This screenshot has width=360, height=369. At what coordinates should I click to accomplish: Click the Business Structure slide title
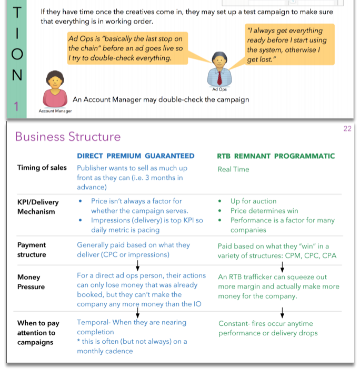(67, 137)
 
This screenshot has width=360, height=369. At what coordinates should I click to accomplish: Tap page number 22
(347, 129)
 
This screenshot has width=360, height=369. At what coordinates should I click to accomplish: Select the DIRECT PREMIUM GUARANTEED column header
(135, 156)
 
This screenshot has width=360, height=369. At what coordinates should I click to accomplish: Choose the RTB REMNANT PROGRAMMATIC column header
(276, 156)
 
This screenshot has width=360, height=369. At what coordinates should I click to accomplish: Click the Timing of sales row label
(42, 168)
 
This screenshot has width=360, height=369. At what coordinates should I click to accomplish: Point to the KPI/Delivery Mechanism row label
(38, 207)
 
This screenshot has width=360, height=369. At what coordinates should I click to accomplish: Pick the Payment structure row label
(32, 250)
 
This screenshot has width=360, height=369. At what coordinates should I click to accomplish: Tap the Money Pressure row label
(31, 282)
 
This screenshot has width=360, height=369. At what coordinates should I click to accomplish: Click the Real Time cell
(233, 169)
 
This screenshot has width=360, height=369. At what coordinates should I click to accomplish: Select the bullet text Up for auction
(253, 201)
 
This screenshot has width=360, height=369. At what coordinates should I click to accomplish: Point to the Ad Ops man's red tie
(219, 77)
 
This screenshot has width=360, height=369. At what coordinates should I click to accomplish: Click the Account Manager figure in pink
(54, 90)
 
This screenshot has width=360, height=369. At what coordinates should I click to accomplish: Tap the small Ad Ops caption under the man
(219, 89)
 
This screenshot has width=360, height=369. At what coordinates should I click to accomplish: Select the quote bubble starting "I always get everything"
(288, 45)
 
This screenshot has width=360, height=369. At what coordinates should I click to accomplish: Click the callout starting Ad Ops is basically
(127, 48)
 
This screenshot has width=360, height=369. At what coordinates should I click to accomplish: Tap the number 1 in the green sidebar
(16, 107)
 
